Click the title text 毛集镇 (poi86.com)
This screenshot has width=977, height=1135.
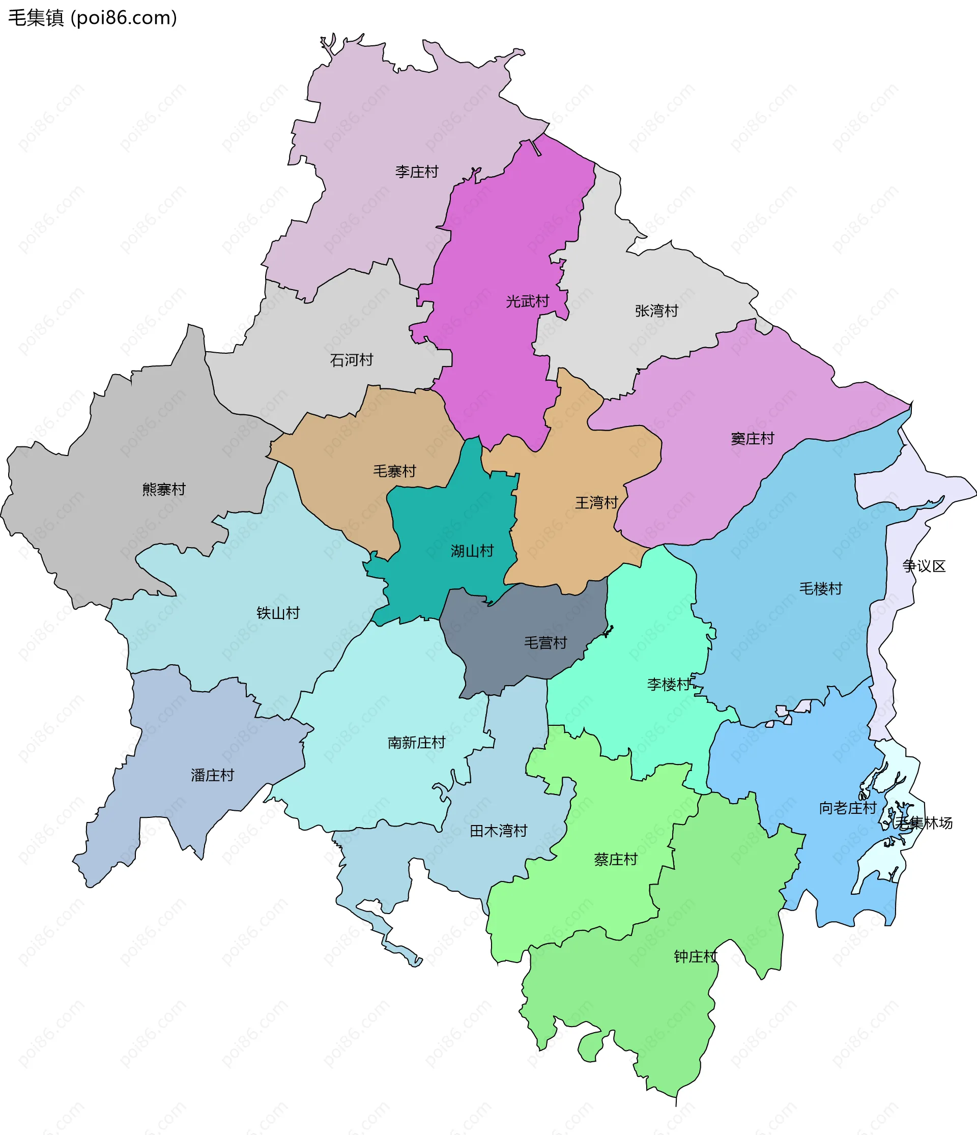point(93,18)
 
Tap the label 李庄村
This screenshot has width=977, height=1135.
point(417,172)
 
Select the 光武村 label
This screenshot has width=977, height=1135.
point(527,301)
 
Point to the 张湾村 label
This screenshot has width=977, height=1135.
point(656,311)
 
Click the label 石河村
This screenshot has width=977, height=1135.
point(352,360)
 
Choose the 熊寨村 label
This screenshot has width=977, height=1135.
point(164,489)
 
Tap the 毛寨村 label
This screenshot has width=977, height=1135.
point(395,471)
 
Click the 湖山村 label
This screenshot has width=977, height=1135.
point(472,551)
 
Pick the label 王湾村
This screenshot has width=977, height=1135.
point(596,503)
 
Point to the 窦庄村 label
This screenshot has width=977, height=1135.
point(753,439)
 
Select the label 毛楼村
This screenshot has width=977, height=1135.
point(820,589)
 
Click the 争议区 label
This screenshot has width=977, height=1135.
point(925,566)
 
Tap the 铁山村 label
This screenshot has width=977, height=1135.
point(278,613)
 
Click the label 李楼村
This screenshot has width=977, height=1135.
point(669,684)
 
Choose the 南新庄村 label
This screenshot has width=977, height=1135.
point(417,743)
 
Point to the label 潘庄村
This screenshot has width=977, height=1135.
point(213,775)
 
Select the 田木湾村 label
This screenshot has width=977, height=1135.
point(498,831)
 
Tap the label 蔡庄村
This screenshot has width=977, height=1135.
point(616,860)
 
